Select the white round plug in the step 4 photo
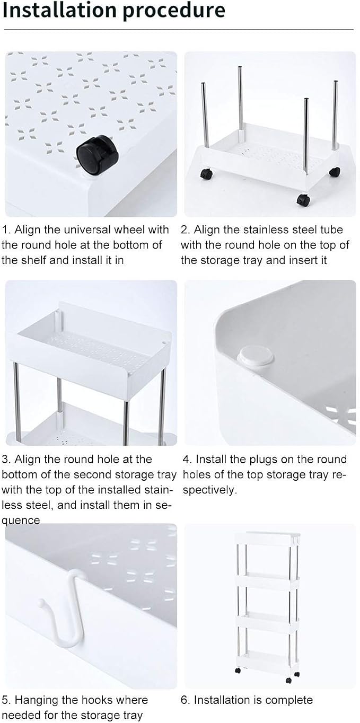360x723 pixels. pos(256,355)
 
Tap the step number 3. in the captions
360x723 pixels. pos(6,460)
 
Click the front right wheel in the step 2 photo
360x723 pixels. pos(303,200)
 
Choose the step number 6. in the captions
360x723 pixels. pos(186,700)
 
